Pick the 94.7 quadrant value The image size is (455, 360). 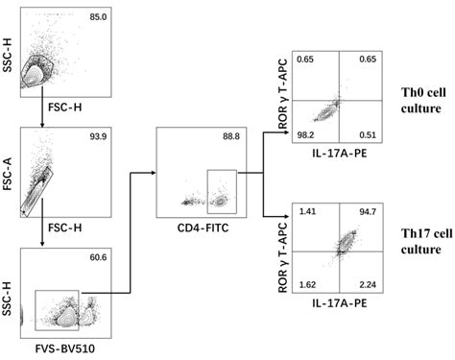pyautogui.click(x=362, y=208)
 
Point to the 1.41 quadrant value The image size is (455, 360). pyautogui.click(x=307, y=208)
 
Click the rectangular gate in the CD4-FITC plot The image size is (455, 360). pyautogui.click(x=220, y=189)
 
